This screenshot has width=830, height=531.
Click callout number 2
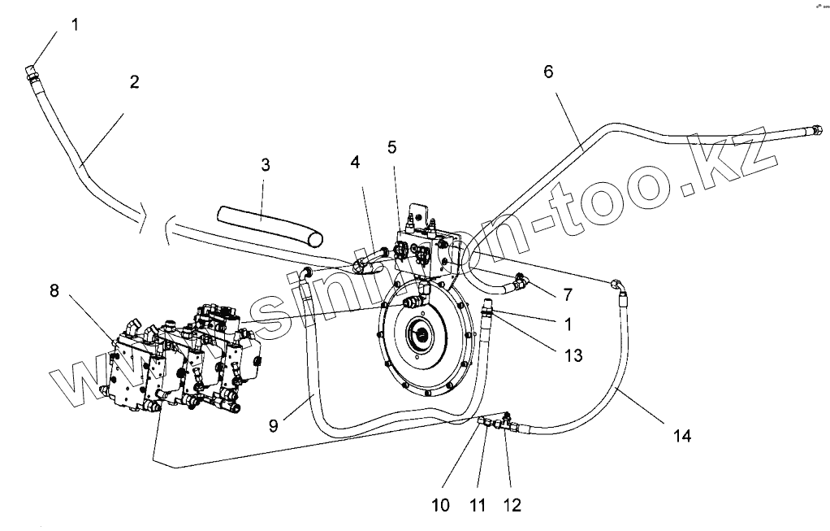134,81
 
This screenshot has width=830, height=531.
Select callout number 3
265,164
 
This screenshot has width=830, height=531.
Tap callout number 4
355,162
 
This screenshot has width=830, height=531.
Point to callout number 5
392,147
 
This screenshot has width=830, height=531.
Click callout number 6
548,72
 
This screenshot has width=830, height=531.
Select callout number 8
54,290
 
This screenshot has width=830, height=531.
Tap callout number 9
275,424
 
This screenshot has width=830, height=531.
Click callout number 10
440,505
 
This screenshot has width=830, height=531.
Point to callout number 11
478,505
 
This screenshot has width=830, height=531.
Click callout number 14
681,436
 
